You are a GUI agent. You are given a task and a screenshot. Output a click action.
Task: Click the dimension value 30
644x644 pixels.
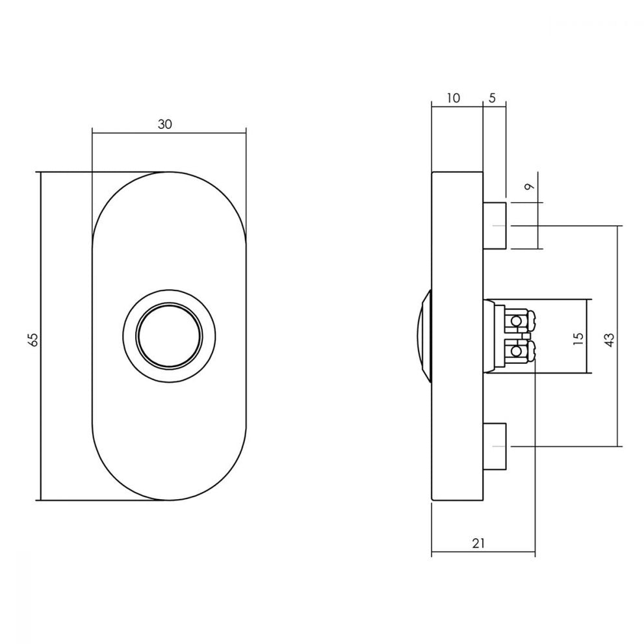pos(164,124)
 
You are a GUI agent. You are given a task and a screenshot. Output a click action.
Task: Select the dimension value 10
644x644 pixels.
pos(453,98)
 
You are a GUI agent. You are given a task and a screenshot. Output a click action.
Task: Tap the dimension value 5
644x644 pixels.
pos(493,98)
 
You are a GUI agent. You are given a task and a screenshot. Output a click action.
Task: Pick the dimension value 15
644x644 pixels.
pos(578,338)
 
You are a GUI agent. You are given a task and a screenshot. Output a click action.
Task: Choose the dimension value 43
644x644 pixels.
pos(610,340)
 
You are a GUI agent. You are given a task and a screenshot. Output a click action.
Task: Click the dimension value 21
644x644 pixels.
pos(478,543)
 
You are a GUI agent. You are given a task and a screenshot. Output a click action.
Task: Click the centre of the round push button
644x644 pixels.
pos(169,336)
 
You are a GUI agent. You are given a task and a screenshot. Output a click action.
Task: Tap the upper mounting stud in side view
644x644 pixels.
pos(494,225)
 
